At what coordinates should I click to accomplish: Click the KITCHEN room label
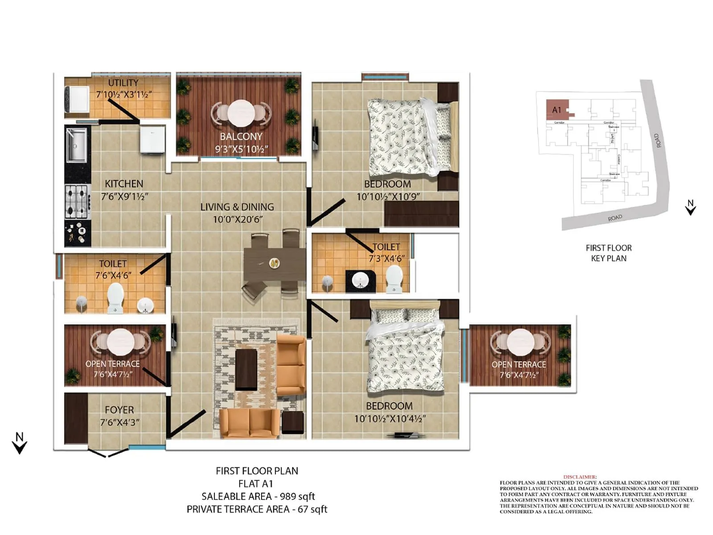pos(124,184)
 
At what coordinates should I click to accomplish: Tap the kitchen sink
pos(77,145)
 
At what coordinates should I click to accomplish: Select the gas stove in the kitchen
pos(77,202)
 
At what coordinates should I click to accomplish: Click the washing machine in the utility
pos(78,99)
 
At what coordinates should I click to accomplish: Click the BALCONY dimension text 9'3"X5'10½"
pos(241,149)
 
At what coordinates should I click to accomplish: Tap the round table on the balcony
pos(241,112)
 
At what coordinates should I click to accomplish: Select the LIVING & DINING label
pos(237,207)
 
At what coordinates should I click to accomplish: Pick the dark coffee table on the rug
pos(246,369)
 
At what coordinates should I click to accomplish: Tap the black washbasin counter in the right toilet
pos(361,281)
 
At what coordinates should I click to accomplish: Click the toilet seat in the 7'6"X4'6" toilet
pos(115,296)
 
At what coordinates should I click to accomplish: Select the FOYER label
pos(119,410)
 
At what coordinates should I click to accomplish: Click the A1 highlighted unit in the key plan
pos(557,110)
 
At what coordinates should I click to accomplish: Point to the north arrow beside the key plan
pos(690,207)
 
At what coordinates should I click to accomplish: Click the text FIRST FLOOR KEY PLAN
pos(608,253)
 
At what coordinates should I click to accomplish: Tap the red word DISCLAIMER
pos(579,477)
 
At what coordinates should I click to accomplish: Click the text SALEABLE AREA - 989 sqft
pos(258,496)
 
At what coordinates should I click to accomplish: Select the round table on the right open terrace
pos(520,341)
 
